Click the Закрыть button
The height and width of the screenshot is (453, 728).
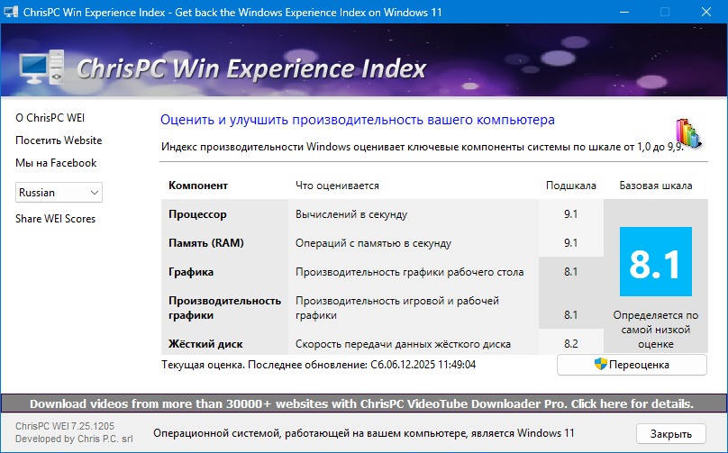[x=671, y=433]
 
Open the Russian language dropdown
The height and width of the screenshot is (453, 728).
[x=59, y=192]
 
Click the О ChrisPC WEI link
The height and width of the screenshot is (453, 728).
[x=50, y=118]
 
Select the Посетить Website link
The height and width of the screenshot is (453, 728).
[x=59, y=140]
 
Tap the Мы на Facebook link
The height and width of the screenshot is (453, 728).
[x=56, y=163]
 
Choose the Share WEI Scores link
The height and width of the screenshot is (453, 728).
[x=55, y=219]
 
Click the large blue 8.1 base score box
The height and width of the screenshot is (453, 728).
[x=655, y=261]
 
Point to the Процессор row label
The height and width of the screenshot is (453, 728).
[x=197, y=214]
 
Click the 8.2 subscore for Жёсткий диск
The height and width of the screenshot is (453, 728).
[x=570, y=344]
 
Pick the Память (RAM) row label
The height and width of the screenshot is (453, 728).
[x=205, y=243]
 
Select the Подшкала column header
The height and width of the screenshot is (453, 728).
[x=571, y=186]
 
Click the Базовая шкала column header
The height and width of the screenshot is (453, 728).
[x=655, y=186]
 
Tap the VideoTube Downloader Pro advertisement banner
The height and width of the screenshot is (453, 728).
[x=361, y=403]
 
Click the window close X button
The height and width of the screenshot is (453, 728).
[x=705, y=13]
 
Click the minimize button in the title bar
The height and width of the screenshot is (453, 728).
[x=623, y=13]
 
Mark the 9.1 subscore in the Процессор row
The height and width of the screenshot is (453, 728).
[x=570, y=214]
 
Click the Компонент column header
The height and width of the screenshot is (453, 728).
[x=197, y=186]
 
